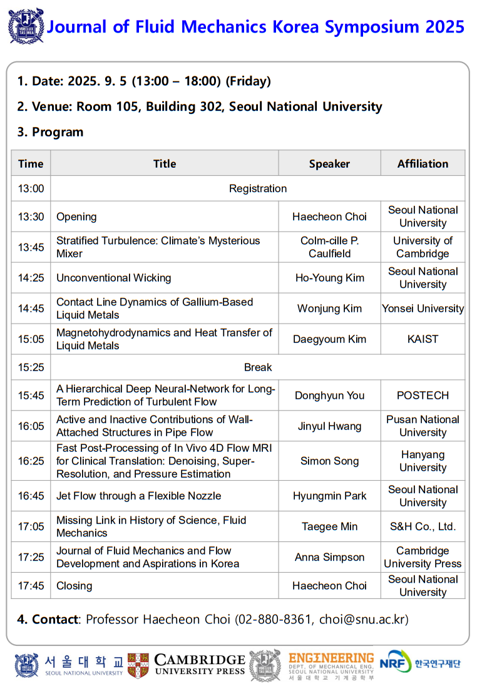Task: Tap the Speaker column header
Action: [329, 163]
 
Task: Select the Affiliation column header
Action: [423, 163]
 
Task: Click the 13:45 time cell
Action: [31, 247]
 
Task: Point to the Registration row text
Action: [258, 188]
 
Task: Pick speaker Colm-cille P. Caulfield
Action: [329, 247]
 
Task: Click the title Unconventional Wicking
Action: [113, 278]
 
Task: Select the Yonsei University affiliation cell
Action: [423, 309]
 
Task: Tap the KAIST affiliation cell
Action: [423, 339]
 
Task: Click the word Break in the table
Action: [258, 367]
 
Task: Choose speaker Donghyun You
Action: [329, 396]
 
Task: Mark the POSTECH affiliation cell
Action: [423, 396]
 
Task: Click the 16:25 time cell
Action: [31, 461]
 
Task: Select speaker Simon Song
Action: [329, 461]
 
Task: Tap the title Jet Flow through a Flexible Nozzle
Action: [138, 496]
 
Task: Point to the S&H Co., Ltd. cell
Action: [423, 526]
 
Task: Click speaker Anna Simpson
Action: [329, 557]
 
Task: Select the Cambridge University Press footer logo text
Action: [200, 665]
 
